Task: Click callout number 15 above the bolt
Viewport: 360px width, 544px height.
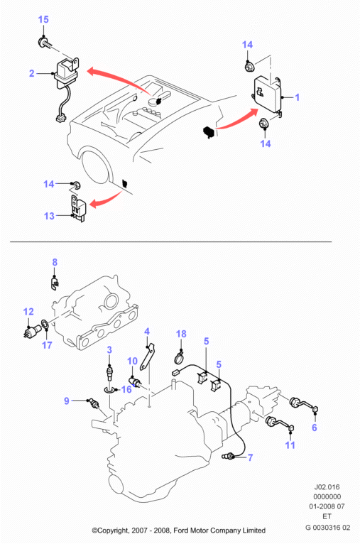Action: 43,19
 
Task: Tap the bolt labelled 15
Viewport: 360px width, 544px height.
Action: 45,43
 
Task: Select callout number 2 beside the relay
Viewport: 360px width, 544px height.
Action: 32,73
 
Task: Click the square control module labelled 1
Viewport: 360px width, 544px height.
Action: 268,94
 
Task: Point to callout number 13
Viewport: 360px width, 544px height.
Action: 49,216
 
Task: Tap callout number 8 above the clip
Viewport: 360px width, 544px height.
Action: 55,262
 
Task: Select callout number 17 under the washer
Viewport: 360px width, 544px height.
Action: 47,345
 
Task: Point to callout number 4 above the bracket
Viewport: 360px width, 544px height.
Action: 147,332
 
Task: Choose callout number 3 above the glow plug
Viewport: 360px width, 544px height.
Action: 109,349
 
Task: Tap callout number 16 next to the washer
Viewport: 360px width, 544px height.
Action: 126,389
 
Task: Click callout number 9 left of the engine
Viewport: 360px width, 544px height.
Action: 67,401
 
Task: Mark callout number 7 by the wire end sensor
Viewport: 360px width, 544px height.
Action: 250,457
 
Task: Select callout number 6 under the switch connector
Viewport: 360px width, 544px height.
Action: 315,427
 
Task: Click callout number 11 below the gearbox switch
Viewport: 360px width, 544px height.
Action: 290,445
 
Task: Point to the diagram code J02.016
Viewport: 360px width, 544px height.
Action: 327,486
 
